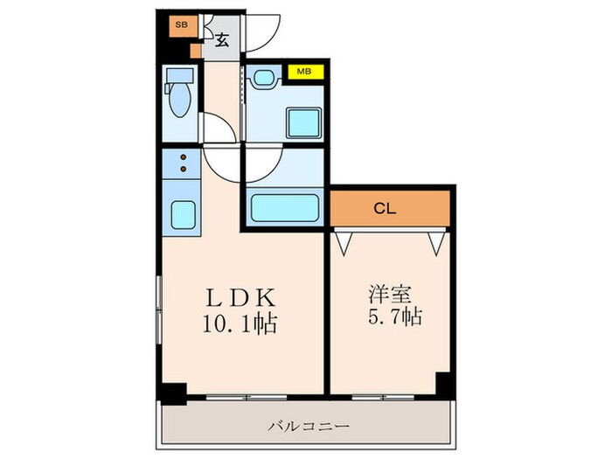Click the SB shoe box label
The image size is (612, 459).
(x=181, y=24)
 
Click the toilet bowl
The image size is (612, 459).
(x=178, y=99)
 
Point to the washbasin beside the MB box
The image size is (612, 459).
(x=262, y=79)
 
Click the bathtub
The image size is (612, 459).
(x=283, y=208)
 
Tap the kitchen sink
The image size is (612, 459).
(x=182, y=214)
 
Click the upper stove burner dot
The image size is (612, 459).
(x=184, y=158)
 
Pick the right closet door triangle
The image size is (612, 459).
(x=437, y=241)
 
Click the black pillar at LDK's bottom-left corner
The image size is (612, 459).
(x=175, y=393)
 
